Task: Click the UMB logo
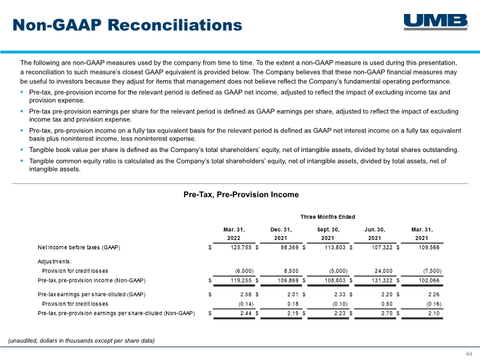pyautogui.click(x=436, y=22)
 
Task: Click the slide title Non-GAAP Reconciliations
pyautogui.click(x=127, y=25)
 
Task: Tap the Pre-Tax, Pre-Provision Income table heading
pyautogui.click(x=241, y=195)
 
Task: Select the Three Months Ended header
pyautogui.click(x=327, y=217)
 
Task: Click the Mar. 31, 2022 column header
pyautogui.click(x=234, y=234)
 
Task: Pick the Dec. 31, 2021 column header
pyautogui.click(x=281, y=234)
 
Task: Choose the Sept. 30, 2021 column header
pyautogui.click(x=328, y=234)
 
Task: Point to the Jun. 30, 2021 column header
pyautogui.click(x=375, y=234)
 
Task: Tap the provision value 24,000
pyautogui.click(x=383, y=271)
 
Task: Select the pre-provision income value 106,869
pyautogui.click(x=288, y=281)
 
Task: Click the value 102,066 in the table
pyautogui.click(x=429, y=281)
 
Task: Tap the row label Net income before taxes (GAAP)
pyautogui.click(x=79, y=247)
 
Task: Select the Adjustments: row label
pyautogui.click(x=55, y=261)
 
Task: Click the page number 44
pyautogui.click(x=469, y=354)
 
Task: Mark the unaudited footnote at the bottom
pyautogui.click(x=81, y=341)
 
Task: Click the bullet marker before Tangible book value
pyautogui.click(x=22, y=150)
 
